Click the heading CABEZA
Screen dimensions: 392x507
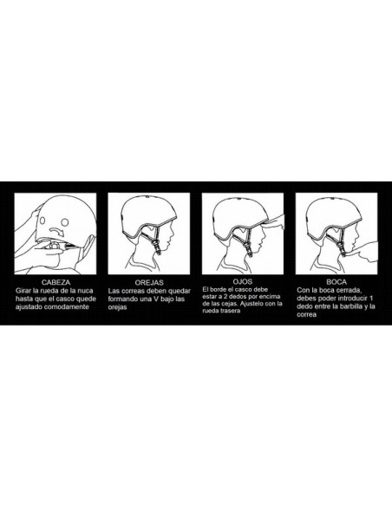point(56,283)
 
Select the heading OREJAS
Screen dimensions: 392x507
point(149,283)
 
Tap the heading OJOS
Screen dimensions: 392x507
point(243,281)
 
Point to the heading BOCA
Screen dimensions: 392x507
point(336,282)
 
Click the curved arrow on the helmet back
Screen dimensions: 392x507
point(57,231)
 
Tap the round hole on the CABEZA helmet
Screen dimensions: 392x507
point(64,222)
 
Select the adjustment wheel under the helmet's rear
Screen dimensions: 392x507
point(55,246)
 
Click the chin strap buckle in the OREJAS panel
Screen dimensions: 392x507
point(158,247)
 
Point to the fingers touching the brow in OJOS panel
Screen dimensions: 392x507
point(274,222)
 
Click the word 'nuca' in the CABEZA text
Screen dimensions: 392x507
point(85,291)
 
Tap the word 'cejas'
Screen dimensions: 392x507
point(230,304)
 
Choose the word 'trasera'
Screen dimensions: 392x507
point(231,311)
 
